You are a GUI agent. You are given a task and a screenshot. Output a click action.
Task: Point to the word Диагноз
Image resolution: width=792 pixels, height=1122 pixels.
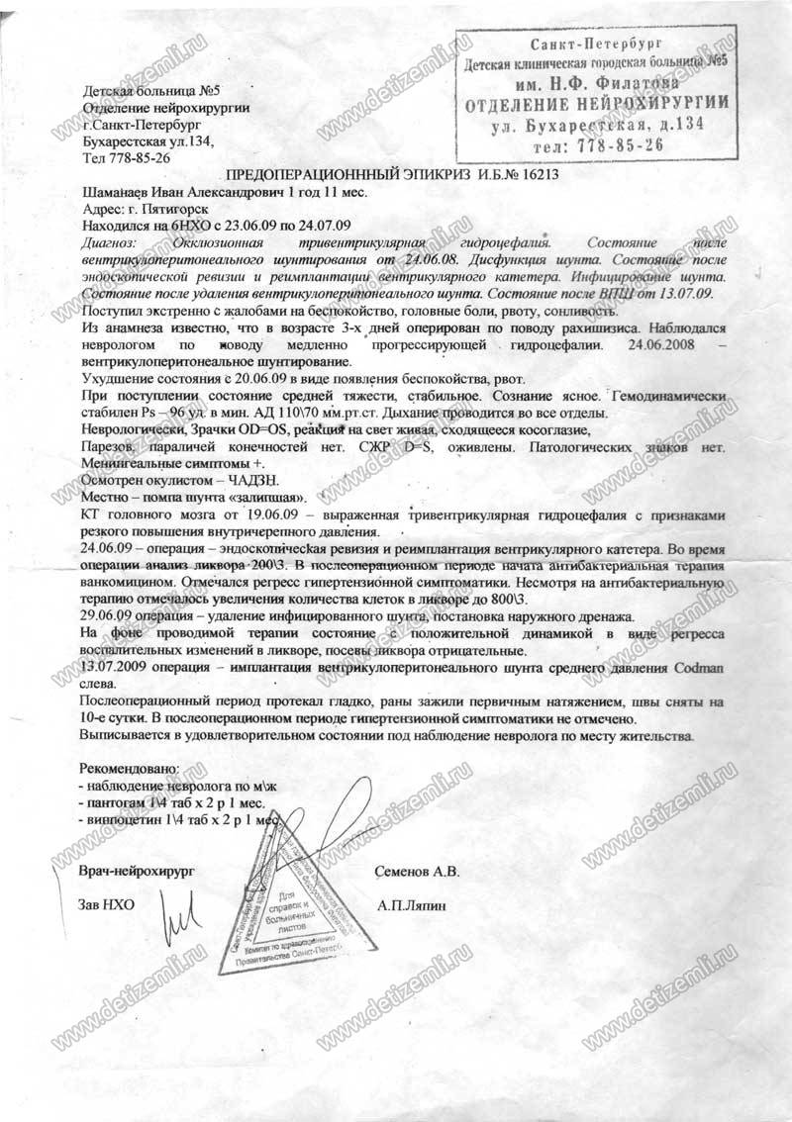coord(107,241)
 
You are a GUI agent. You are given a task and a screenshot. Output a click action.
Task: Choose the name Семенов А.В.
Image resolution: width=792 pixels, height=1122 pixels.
coord(418,872)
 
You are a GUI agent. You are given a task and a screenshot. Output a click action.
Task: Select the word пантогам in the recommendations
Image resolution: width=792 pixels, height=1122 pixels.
coord(114,802)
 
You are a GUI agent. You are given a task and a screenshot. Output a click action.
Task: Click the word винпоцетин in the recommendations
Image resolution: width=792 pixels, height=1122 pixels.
coord(119,820)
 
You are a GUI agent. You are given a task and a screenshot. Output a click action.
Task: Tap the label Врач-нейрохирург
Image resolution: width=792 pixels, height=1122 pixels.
coord(137,871)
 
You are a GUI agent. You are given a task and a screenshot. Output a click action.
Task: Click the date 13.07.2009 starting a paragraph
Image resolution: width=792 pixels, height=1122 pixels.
coord(116,669)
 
